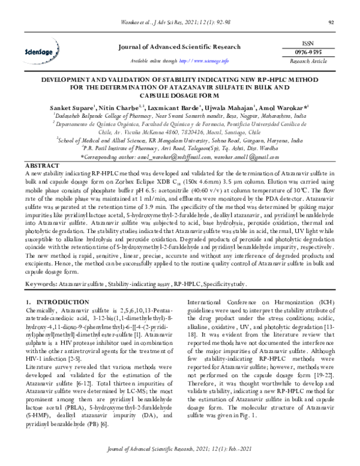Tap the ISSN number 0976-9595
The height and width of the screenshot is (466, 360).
[315, 52]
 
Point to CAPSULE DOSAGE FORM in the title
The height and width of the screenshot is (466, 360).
[179, 94]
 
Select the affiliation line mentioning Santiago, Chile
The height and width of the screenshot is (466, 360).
[180, 129]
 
